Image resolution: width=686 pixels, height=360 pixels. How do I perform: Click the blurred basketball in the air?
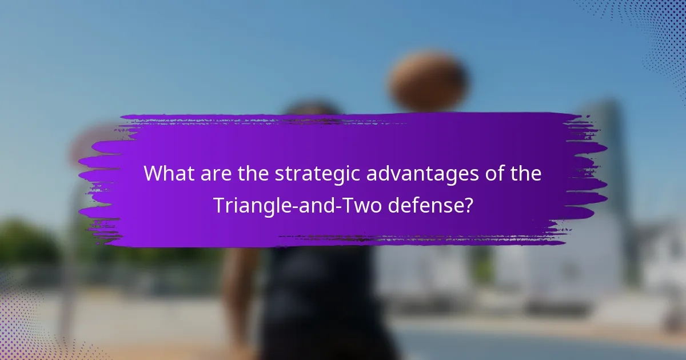coord(428,81)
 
